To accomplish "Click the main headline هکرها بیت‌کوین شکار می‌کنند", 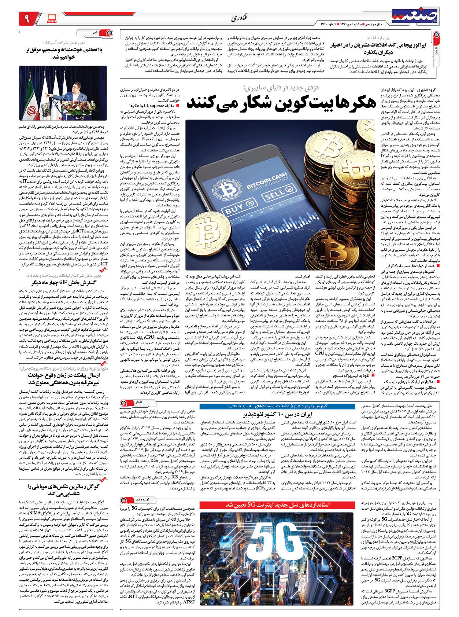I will tap(281, 103).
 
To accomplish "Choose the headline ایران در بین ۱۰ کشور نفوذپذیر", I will tap(277, 415).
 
